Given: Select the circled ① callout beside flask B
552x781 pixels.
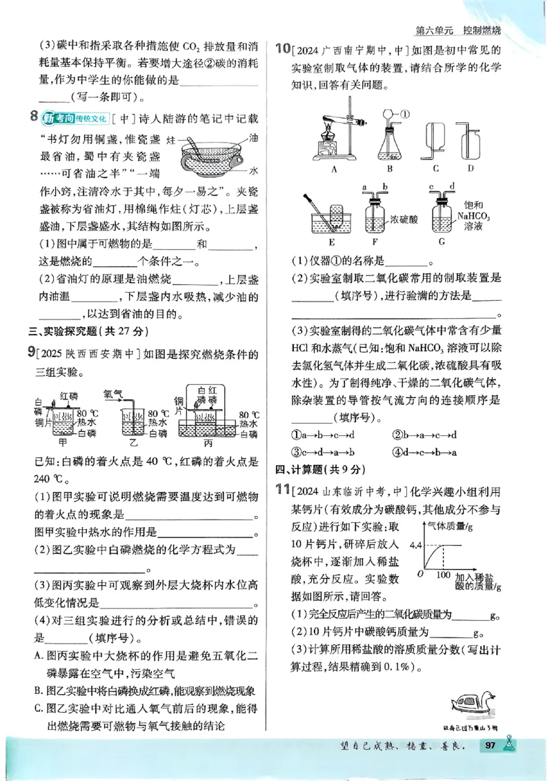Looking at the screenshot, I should (404, 114).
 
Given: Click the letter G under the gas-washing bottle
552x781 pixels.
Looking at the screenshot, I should (446, 242).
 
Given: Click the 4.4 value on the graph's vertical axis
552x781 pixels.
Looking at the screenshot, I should (415, 545).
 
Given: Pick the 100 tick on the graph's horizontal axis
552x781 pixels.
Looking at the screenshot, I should (444, 573).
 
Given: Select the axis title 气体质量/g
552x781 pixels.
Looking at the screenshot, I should (453, 526).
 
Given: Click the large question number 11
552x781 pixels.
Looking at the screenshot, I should (281, 491).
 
